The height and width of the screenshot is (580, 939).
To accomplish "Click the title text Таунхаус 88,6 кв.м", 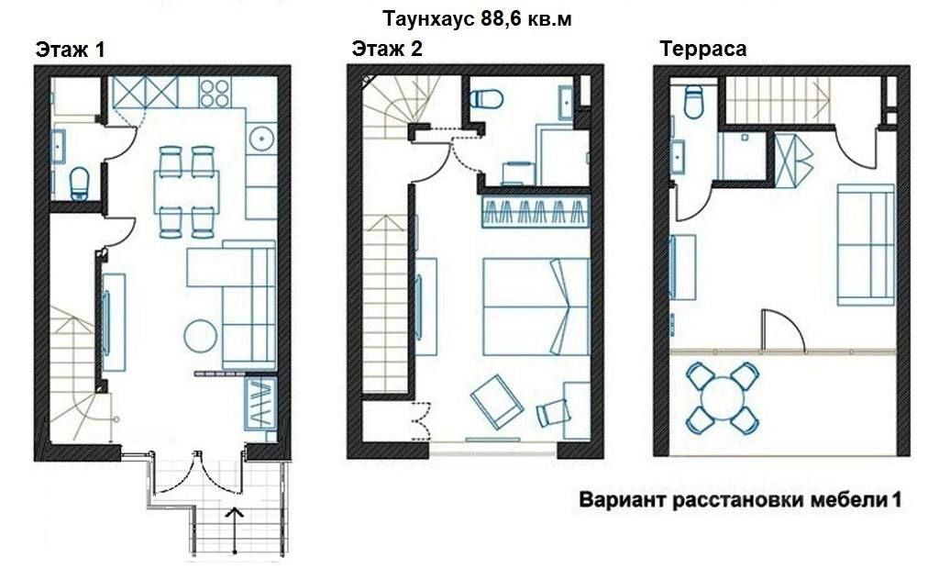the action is [477, 19].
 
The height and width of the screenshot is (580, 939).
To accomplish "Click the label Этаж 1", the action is [70, 50].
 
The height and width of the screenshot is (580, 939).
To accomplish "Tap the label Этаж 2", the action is [387, 49].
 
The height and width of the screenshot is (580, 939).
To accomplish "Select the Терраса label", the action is [703, 49].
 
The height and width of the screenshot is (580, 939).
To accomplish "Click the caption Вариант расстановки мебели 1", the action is [740, 499].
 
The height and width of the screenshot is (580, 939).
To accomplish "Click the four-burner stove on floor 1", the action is [215, 93].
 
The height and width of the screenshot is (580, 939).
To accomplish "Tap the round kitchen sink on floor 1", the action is [261, 139].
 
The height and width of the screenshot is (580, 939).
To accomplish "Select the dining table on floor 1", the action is [186, 192].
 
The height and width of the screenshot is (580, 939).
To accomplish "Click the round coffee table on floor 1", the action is [200, 336].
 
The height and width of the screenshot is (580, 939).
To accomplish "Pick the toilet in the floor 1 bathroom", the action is [79, 183].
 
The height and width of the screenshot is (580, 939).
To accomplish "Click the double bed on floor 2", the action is [536, 307].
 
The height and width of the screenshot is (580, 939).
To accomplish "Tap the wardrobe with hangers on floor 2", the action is [536, 211].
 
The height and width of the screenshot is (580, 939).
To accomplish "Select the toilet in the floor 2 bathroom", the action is [486, 99].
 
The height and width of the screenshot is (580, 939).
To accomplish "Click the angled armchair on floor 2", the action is [497, 401].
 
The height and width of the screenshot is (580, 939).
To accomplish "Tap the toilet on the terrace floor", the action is [693, 101].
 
